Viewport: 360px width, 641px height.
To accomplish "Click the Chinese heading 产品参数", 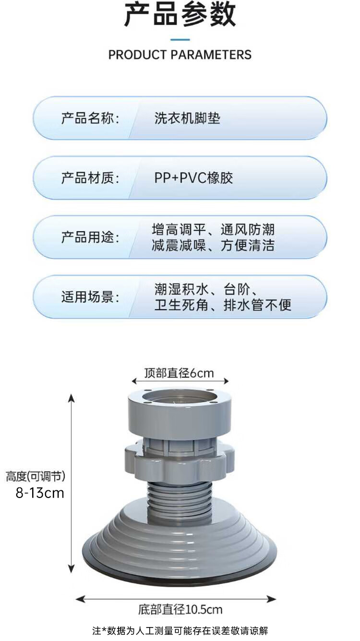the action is (x=180, y=15).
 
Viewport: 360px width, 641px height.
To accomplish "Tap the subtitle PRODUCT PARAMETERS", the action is (x=180, y=55).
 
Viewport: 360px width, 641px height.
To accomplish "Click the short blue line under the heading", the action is (x=180, y=40).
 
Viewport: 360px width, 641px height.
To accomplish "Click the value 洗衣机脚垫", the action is (x=187, y=119).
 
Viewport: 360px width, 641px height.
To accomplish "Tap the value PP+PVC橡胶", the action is (x=193, y=178).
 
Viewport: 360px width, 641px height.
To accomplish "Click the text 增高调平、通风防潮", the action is (x=213, y=229).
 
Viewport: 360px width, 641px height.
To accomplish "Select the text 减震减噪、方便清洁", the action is (x=213, y=246).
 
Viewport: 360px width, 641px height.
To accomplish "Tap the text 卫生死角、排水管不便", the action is (x=223, y=305).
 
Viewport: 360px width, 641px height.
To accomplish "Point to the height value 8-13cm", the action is (x=40, y=493).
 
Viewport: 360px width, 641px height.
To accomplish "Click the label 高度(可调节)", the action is (x=36, y=476).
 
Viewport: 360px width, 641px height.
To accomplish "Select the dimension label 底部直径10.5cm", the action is (x=180, y=610).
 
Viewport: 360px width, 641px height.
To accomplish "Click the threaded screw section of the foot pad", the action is (x=179, y=499).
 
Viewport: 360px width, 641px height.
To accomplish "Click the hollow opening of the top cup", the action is (x=179, y=399).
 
